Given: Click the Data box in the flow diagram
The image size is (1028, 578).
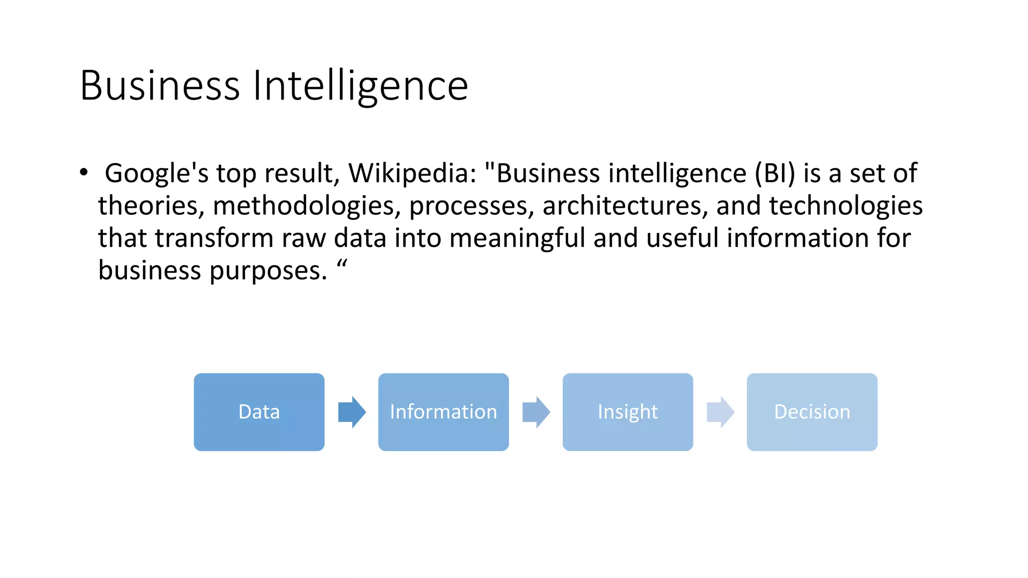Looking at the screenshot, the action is coord(259,412).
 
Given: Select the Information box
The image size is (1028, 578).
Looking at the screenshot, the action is coord(443,412).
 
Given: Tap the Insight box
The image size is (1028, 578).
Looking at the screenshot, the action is coord(627,412).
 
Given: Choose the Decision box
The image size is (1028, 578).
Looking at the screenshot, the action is coord(812,412).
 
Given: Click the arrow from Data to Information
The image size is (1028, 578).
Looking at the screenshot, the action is coord(352,412).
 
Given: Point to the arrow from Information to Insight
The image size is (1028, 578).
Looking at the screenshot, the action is coord(536,412).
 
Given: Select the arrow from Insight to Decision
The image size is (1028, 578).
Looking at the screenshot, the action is coord(720,412).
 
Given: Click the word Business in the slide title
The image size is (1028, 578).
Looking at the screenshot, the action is coord(160,86).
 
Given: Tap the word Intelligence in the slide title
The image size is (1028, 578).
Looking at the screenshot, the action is coord(360,86).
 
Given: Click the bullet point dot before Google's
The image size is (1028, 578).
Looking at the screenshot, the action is coord(84,172).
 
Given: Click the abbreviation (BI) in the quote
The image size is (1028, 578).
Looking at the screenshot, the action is coord(775,174).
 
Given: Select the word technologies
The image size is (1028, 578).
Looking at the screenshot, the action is coord(845,206).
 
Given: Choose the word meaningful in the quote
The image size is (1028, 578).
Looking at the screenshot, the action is coord(517,238).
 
